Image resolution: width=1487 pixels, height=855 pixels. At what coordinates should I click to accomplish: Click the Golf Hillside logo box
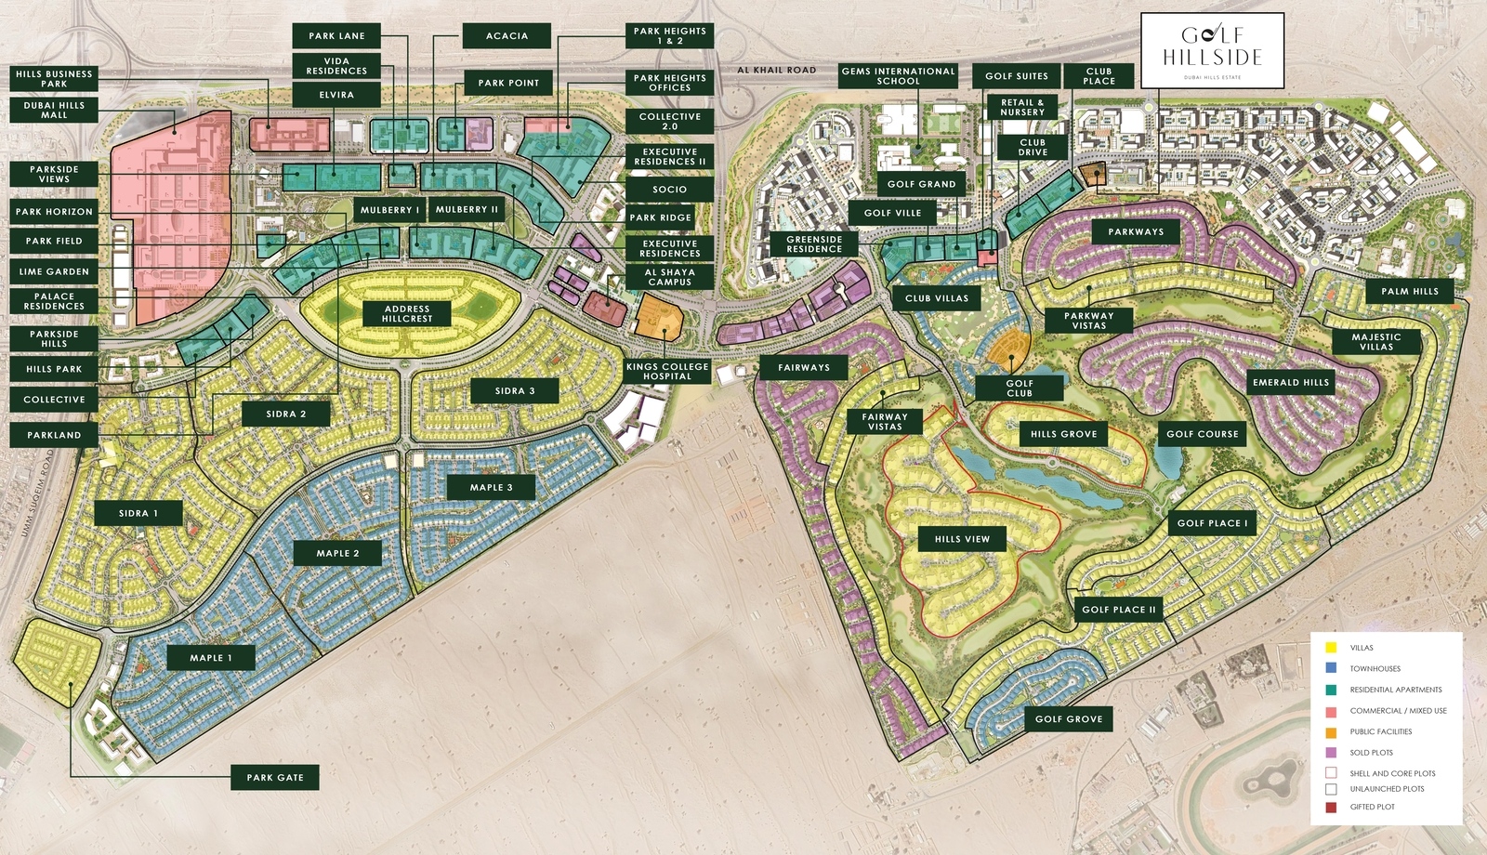click(1212, 50)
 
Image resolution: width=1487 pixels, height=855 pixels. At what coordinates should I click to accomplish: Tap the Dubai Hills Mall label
click(54, 111)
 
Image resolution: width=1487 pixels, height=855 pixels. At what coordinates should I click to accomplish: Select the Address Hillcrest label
click(407, 314)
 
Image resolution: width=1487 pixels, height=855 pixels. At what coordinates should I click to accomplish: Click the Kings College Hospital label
click(667, 372)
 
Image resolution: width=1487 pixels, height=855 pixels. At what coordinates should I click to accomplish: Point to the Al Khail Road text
click(776, 70)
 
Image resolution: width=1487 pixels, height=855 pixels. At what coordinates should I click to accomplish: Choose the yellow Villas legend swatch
click(1331, 648)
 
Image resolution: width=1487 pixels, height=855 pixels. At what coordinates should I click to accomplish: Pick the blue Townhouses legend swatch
click(1331, 668)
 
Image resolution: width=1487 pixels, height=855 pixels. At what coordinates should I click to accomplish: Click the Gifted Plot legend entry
click(1372, 807)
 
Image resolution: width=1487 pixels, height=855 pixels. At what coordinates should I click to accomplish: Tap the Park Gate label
click(275, 778)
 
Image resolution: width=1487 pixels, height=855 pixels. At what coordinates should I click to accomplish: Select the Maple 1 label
click(210, 658)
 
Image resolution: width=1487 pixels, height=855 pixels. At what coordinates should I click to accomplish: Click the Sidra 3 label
click(515, 391)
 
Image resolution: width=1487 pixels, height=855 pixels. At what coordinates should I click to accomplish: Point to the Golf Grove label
click(1069, 719)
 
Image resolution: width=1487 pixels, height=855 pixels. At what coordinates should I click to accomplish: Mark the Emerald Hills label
click(1291, 383)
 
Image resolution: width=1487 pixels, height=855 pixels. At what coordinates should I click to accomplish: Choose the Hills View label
click(962, 539)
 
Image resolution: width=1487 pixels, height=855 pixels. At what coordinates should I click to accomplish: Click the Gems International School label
click(898, 76)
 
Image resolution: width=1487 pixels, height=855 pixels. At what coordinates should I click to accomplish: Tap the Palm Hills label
click(1409, 292)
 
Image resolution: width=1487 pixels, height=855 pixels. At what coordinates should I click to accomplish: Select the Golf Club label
click(1020, 388)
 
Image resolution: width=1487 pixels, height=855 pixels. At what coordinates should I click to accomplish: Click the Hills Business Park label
click(54, 79)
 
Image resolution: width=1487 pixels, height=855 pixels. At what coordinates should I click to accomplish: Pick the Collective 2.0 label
click(669, 122)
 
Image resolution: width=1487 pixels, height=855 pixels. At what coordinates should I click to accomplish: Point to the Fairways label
click(804, 368)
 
